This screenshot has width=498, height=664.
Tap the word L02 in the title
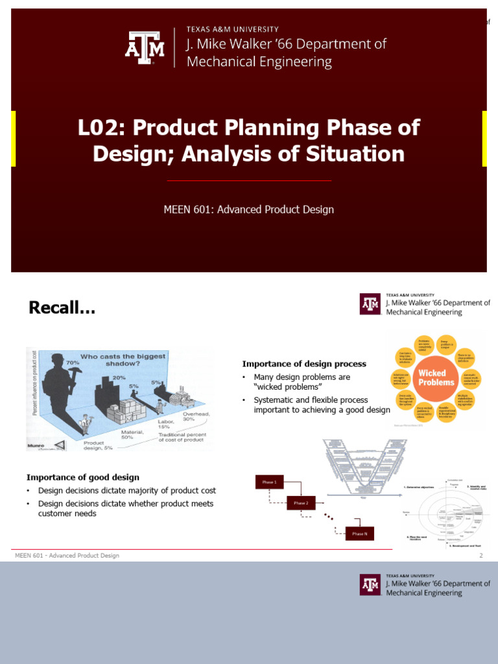pyautogui.click(x=97, y=127)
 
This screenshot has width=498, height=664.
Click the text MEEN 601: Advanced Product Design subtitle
pyautogui.click(x=249, y=209)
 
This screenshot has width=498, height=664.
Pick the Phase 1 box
pyautogui.click(x=269, y=482)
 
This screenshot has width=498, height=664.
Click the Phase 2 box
pyautogui.click(x=302, y=503)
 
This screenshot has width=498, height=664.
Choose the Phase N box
pyautogui.click(x=359, y=533)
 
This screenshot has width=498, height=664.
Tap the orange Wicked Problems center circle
pyautogui.click(x=432, y=378)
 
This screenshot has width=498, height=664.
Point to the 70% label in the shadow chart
pyautogui.click(x=71, y=364)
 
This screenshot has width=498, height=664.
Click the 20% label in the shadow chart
pyautogui.click(x=119, y=377)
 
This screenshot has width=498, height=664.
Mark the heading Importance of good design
pyautogui.click(x=82, y=477)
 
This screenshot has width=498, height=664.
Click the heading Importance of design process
pyautogui.click(x=304, y=364)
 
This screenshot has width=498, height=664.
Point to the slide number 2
pyautogui.click(x=481, y=556)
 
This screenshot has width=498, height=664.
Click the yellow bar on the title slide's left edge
pyautogui.click(x=14, y=138)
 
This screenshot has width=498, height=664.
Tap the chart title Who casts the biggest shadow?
pyautogui.click(x=133, y=360)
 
